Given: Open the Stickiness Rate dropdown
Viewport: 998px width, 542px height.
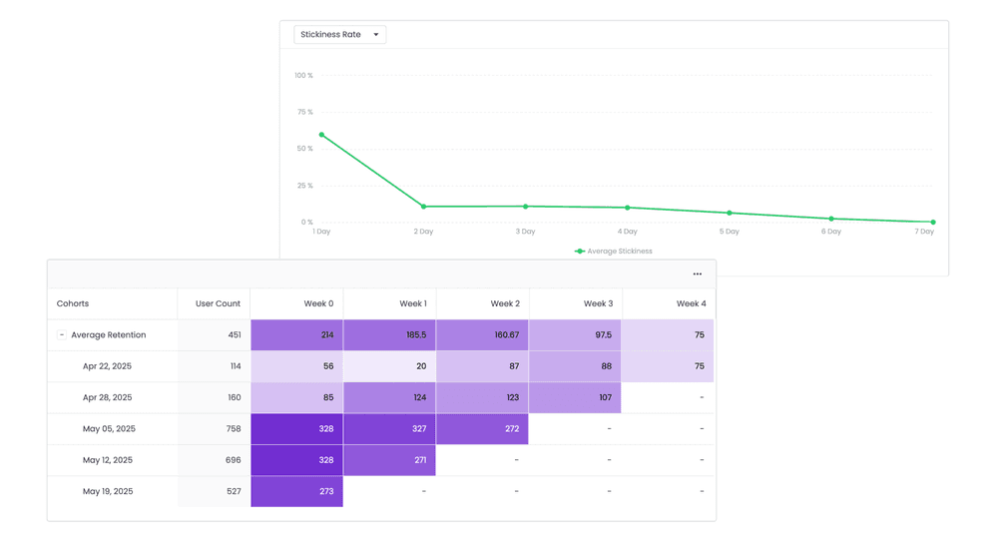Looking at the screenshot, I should (x=339, y=35).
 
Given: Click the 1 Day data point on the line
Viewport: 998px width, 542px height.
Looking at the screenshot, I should (x=321, y=135).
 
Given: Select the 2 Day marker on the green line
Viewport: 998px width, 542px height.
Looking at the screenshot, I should (x=424, y=207).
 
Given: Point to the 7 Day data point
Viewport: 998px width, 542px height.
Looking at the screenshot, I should (x=933, y=223).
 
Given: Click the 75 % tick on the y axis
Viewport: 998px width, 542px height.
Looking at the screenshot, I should (x=304, y=112).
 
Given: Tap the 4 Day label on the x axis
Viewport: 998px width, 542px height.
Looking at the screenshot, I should (x=627, y=232).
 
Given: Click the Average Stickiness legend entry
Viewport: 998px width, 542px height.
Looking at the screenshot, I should (x=614, y=252).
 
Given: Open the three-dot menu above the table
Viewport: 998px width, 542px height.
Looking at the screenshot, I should (x=698, y=274).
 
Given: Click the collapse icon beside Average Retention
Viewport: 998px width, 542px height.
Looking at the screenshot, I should (x=62, y=335).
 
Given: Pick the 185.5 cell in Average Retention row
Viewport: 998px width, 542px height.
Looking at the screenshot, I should (x=389, y=335).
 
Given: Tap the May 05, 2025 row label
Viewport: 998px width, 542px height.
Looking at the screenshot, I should (x=109, y=429).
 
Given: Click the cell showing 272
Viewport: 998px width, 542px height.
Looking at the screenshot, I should (x=482, y=429).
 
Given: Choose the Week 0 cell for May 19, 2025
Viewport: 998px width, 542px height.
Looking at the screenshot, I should (x=296, y=491).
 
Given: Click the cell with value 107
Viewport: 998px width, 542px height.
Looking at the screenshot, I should (x=575, y=397).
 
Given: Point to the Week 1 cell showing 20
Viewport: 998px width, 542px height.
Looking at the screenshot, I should (x=389, y=366).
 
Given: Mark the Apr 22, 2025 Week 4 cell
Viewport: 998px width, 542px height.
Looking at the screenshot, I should (x=668, y=366).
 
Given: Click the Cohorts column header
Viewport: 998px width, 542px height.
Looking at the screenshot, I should (x=73, y=303).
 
